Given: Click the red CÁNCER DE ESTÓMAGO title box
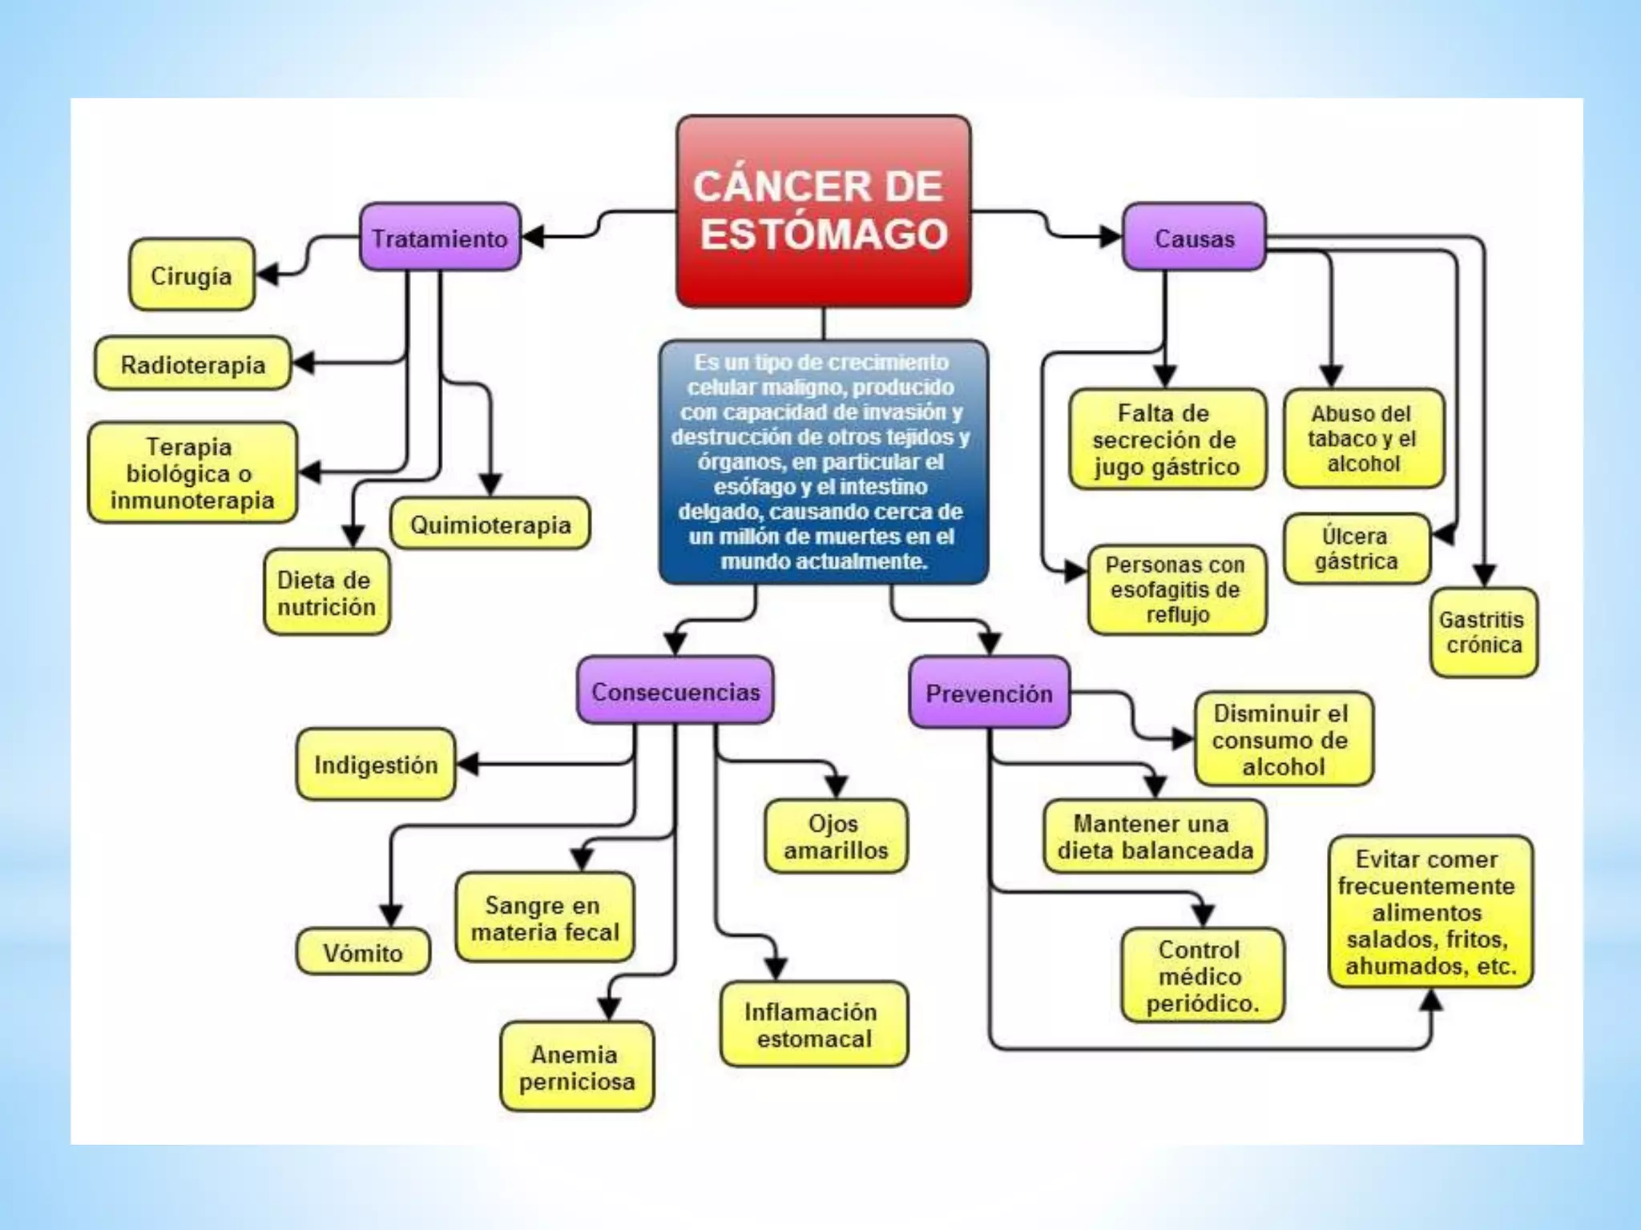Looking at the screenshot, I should click(x=823, y=211).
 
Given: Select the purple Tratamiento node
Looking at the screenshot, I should click(x=440, y=238).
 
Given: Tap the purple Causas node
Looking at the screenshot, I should click(x=1194, y=238).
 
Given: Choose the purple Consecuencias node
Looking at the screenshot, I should click(x=675, y=691).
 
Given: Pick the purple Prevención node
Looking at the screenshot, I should click(x=989, y=693).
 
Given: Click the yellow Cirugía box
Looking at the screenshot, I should click(x=192, y=275).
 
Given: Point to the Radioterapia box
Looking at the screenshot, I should click(x=192, y=364).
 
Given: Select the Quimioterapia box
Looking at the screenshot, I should click(x=490, y=525).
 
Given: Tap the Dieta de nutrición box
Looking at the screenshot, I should click(x=326, y=593).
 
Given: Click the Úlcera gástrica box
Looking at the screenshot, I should click(x=1356, y=549).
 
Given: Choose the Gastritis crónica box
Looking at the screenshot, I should click(x=1483, y=632).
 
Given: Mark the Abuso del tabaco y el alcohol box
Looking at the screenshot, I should click(x=1363, y=438).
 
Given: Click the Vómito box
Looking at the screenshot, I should click(x=363, y=952).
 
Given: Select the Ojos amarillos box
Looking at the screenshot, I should click(x=835, y=836).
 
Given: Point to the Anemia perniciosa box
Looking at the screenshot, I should click(x=576, y=1067).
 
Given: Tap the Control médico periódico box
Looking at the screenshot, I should click(x=1201, y=975).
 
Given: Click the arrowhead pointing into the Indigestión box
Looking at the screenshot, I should click(x=468, y=764).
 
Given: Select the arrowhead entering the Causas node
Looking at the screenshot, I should click(x=1111, y=236).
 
